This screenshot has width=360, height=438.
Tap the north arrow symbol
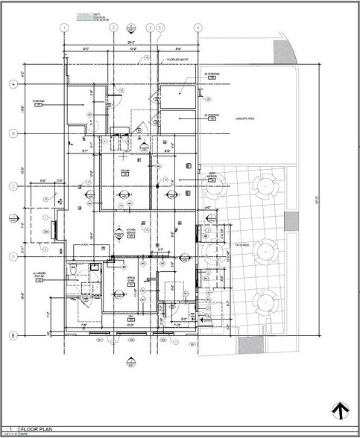340,410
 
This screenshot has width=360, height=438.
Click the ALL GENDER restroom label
40,276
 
